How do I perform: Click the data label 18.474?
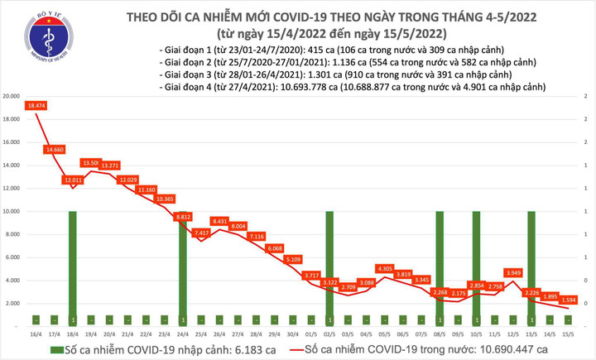tap(36, 107)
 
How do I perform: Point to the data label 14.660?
tap(55, 149)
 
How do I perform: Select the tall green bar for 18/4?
tap(73, 265)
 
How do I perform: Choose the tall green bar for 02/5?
tap(330, 265)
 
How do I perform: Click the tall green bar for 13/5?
tap(531, 265)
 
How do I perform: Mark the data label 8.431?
tap(220, 221)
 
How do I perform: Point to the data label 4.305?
tap(385, 268)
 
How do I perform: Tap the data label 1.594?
tap(569, 300)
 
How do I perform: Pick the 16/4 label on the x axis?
tap(36, 334)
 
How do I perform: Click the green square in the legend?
tap(55, 349)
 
